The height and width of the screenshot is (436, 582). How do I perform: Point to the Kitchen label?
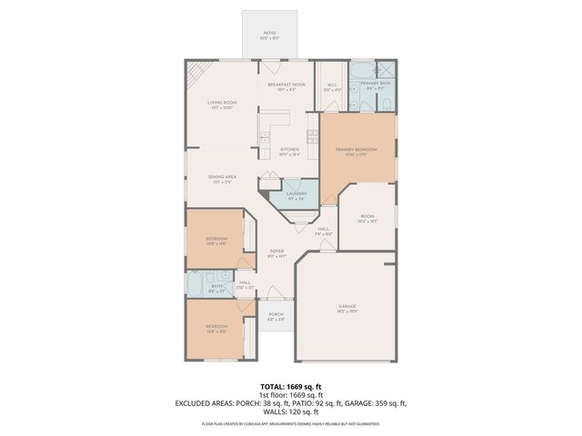pyautogui.click(x=289, y=151)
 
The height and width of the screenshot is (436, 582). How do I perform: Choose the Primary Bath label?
pyautogui.click(x=375, y=85)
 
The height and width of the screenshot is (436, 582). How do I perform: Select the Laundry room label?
pyautogui.click(x=296, y=195)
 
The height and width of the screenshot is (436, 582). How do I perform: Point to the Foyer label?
pyautogui.click(x=276, y=253)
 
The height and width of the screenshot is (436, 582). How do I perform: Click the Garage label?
pyautogui.click(x=346, y=309)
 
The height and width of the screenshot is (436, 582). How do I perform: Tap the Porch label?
pyautogui.click(x=276, y=317)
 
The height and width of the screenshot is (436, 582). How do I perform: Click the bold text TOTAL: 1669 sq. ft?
pyautogui.click(x=290, y=386)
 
